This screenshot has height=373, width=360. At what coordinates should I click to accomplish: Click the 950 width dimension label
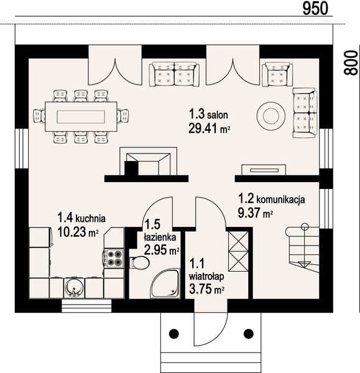[315, 8]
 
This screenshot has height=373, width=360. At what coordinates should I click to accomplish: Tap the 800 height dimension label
[351, 63]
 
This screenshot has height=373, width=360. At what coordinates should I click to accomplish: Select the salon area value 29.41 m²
[209, 129]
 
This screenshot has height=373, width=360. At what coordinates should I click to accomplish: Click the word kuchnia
[90, 218]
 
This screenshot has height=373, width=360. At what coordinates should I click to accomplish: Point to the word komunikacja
[280, 200]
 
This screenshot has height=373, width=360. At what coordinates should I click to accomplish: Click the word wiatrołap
[206, 277]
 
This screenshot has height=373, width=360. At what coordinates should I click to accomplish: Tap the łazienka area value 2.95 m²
[162, 250]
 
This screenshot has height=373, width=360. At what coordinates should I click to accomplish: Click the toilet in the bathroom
[140, 262]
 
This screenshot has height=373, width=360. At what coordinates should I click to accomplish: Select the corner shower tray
[164, 283]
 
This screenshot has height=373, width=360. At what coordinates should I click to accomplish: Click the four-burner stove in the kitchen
[114, 259]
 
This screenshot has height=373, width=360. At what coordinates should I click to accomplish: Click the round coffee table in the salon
[270, 116]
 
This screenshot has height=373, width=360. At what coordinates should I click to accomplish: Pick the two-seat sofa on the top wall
[174, 74]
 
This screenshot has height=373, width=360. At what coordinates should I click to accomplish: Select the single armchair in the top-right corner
[277, 74]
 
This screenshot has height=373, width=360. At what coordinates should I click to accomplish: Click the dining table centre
[81, 117]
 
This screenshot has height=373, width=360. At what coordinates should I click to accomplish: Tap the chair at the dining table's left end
[39, 116]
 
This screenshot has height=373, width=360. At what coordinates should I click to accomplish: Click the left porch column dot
[173, 333]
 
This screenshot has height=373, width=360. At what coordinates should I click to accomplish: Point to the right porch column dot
[249, 333]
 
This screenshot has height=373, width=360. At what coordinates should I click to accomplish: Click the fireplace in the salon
[149, 161]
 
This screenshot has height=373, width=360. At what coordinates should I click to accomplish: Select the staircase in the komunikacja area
[303, 250]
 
